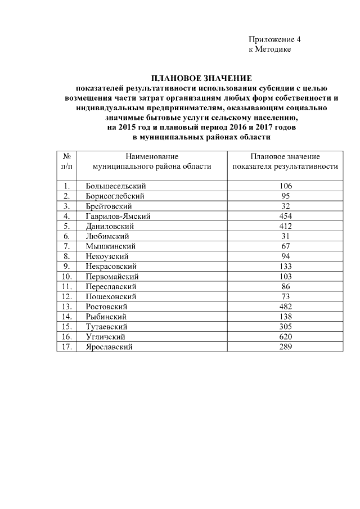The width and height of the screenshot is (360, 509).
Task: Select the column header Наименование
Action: click(152, 156)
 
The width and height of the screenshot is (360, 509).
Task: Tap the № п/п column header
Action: click(66, 161)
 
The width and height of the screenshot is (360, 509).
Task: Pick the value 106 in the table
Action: click(285, 186)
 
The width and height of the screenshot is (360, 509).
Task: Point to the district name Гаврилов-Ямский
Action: click(118, 216)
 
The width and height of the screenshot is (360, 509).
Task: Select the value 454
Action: click(285, 216)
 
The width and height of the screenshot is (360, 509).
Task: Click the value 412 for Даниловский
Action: click(285, 226)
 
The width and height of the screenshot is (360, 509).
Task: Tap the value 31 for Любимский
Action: click(285, 236)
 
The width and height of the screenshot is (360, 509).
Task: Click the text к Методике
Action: click(270, 49)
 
